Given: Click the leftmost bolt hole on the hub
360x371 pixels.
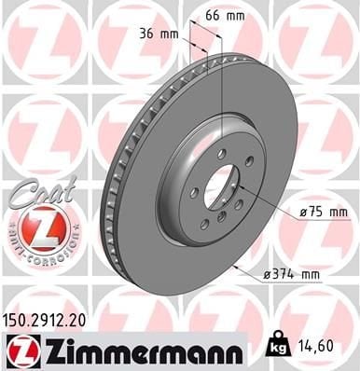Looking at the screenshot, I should click(194, 193).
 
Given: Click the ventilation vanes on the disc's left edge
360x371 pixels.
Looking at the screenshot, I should click(111, 186).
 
